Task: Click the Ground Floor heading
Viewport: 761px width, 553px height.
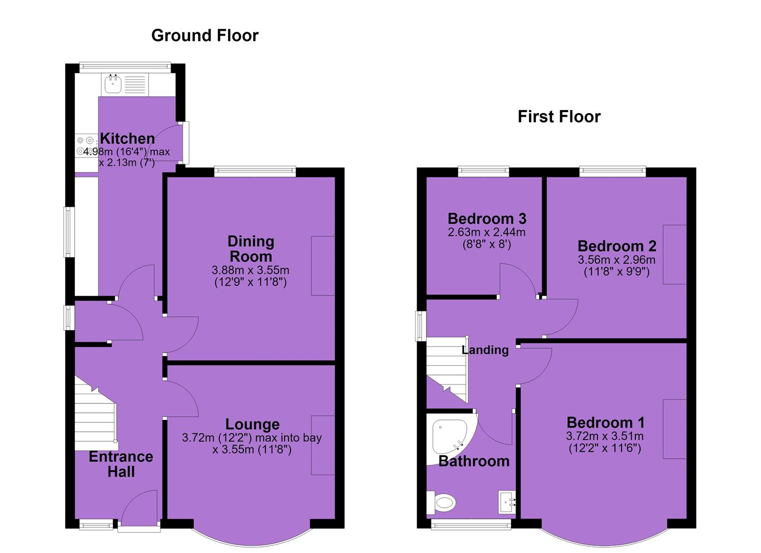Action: click(x=205, y=36)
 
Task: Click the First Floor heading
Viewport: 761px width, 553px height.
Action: click(x=559, y=116)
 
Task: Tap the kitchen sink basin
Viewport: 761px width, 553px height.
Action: click(x=113, y=84)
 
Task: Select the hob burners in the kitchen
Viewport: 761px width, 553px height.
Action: click(x=85, y=145)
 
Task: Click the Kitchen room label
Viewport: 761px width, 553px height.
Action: click(x=128, y=138)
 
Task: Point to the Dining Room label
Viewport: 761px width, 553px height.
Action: click(x=251, y=249)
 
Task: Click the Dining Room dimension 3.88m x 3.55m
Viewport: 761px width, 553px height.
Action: click(x=251, y=270)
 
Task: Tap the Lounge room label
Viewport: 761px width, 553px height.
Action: click(x=253, y=424)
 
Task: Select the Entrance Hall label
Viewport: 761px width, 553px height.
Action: click(x=121, y=464)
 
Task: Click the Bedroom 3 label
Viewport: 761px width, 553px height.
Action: click(x=487, y=219)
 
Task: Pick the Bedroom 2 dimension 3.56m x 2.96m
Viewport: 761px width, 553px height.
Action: click(x=616, y=260)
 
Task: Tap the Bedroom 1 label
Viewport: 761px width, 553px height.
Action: click(x=605, y=422)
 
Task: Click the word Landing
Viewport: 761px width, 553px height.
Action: click(x=485, y=350)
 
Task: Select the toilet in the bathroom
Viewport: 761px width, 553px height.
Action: click(x=441, y=502)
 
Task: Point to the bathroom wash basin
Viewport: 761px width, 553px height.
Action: click(x=507, y=502)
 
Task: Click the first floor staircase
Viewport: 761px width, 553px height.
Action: click(x=447, y=370)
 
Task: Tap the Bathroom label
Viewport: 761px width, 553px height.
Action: click(x=474, y=461)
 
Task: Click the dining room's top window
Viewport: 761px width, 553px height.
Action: click(x=255, y=172)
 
